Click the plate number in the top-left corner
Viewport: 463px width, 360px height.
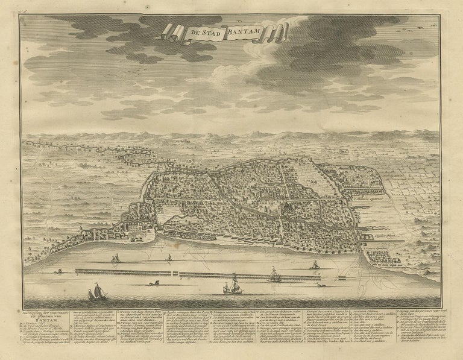click(24, 10)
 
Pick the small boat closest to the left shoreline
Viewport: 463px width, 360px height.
click(115, 260)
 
